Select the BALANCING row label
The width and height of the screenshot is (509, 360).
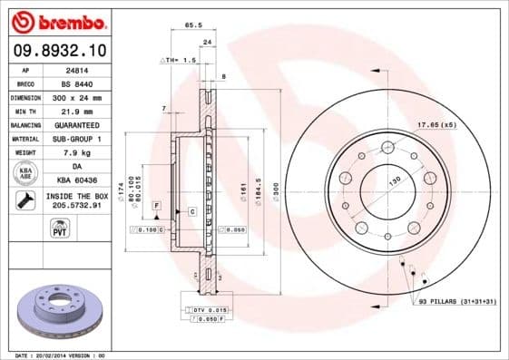click(25, 124)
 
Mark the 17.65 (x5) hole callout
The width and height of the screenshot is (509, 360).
click(435, 124)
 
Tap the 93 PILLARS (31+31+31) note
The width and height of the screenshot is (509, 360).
click(457, 300)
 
